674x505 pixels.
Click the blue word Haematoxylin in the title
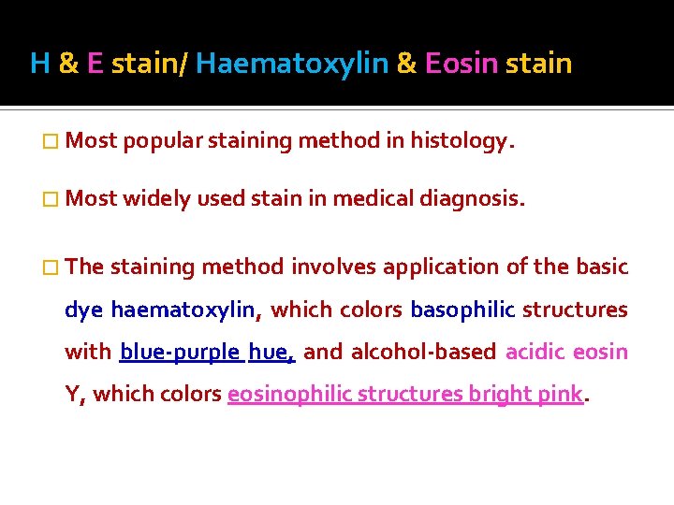(x=292, y=64)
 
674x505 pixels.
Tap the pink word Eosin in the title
(x=461, y=64)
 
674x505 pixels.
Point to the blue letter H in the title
(x=39, y=64)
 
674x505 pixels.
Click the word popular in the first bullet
(x=161, y=142)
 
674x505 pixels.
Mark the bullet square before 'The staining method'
(x=51, y=267)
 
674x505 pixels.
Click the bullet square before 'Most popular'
(x=51, y=142)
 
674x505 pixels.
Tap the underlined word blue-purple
(x=180, y=353)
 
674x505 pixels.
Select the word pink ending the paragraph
(x=560, y=395)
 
